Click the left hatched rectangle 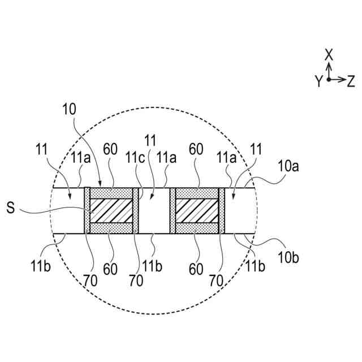tap(112, 210)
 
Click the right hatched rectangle tap(197, 210)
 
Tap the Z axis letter tap(351, 81)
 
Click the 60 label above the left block tap(111, 150)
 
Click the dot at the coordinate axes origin tap(329, 80)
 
